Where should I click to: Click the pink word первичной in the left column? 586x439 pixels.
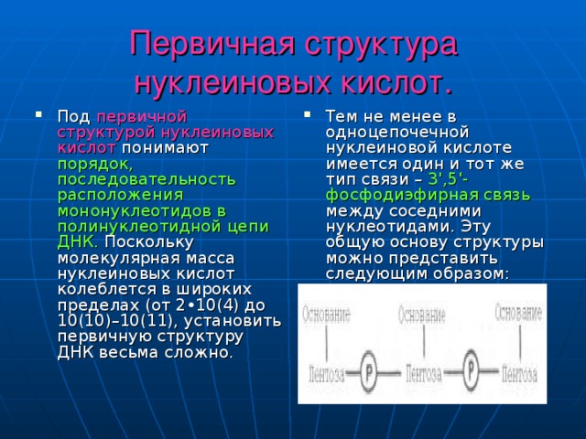coord(141,116)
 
